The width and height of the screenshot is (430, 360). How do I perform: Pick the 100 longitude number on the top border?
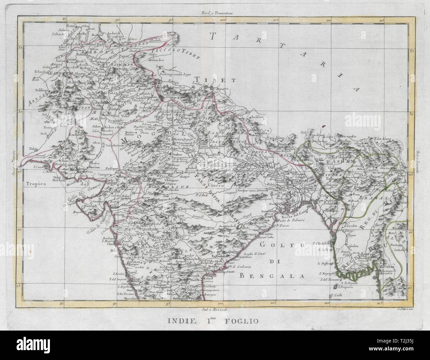(223, 21)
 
